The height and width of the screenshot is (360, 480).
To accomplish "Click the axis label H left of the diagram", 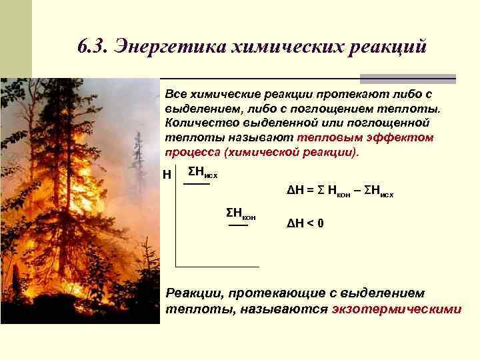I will (x=167, y=175).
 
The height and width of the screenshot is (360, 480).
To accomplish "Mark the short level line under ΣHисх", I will (x=196, y=185).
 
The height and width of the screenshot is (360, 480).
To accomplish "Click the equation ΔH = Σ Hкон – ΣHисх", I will (x=340, y=193).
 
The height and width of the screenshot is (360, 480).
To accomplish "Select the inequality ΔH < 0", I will (x=305, y=223).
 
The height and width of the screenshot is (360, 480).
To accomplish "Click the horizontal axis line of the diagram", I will (x=217, y=267).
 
